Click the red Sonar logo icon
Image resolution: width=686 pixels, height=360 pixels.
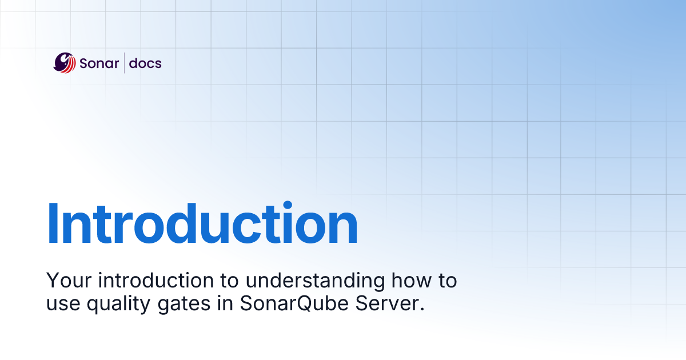click(65, 62)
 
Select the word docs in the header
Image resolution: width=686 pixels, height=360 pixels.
click(145, 63)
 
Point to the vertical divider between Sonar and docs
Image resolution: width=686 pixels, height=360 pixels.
click(125, 63)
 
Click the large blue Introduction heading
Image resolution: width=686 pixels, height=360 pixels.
click(202, 225)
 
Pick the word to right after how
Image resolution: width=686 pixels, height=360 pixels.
click(447, 281)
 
